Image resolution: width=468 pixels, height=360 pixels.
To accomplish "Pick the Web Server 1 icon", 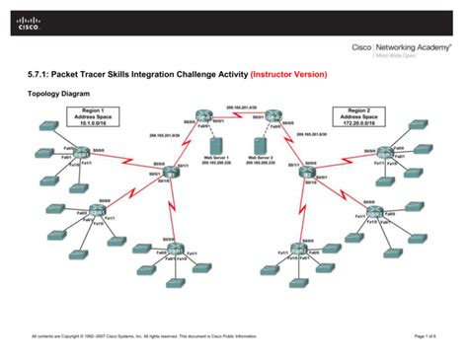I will point(217,147).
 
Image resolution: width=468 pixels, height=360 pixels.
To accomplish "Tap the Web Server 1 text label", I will point(217,161).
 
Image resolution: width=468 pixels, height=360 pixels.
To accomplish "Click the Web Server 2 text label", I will point(265,161).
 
